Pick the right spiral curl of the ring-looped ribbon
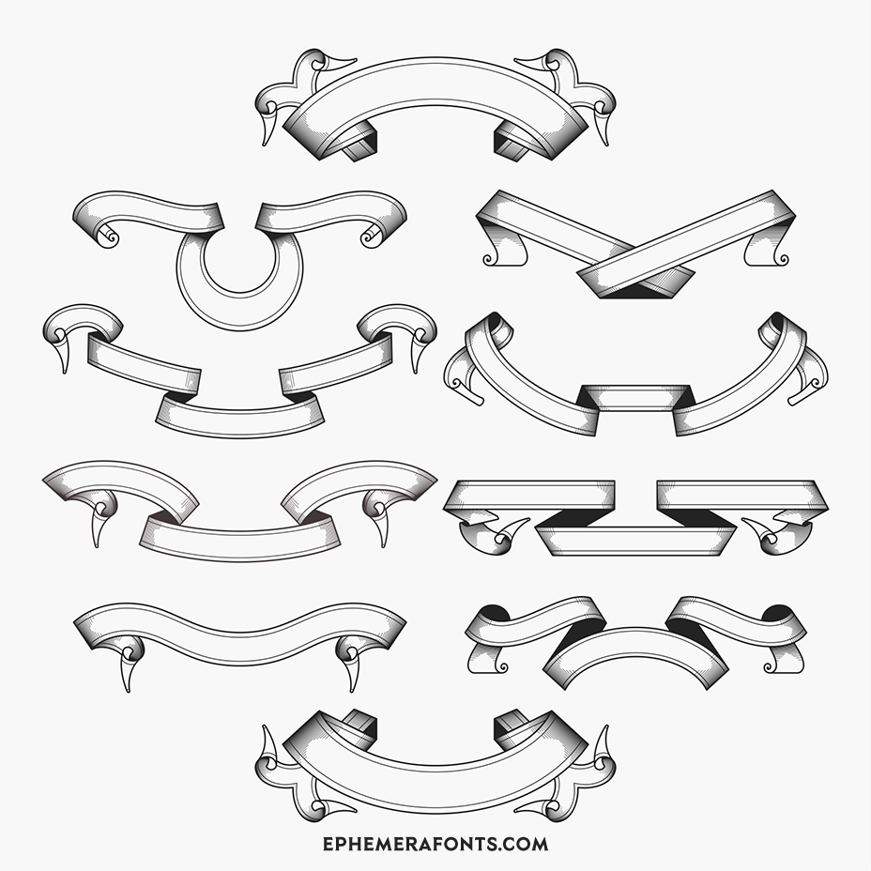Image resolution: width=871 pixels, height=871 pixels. pyautogui.click(x=371, y=237)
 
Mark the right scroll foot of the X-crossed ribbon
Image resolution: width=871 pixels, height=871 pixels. pyautogui.click(x=767, y=249)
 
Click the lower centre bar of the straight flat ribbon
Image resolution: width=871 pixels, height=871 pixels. pyautogui.click(x=636, y=541)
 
